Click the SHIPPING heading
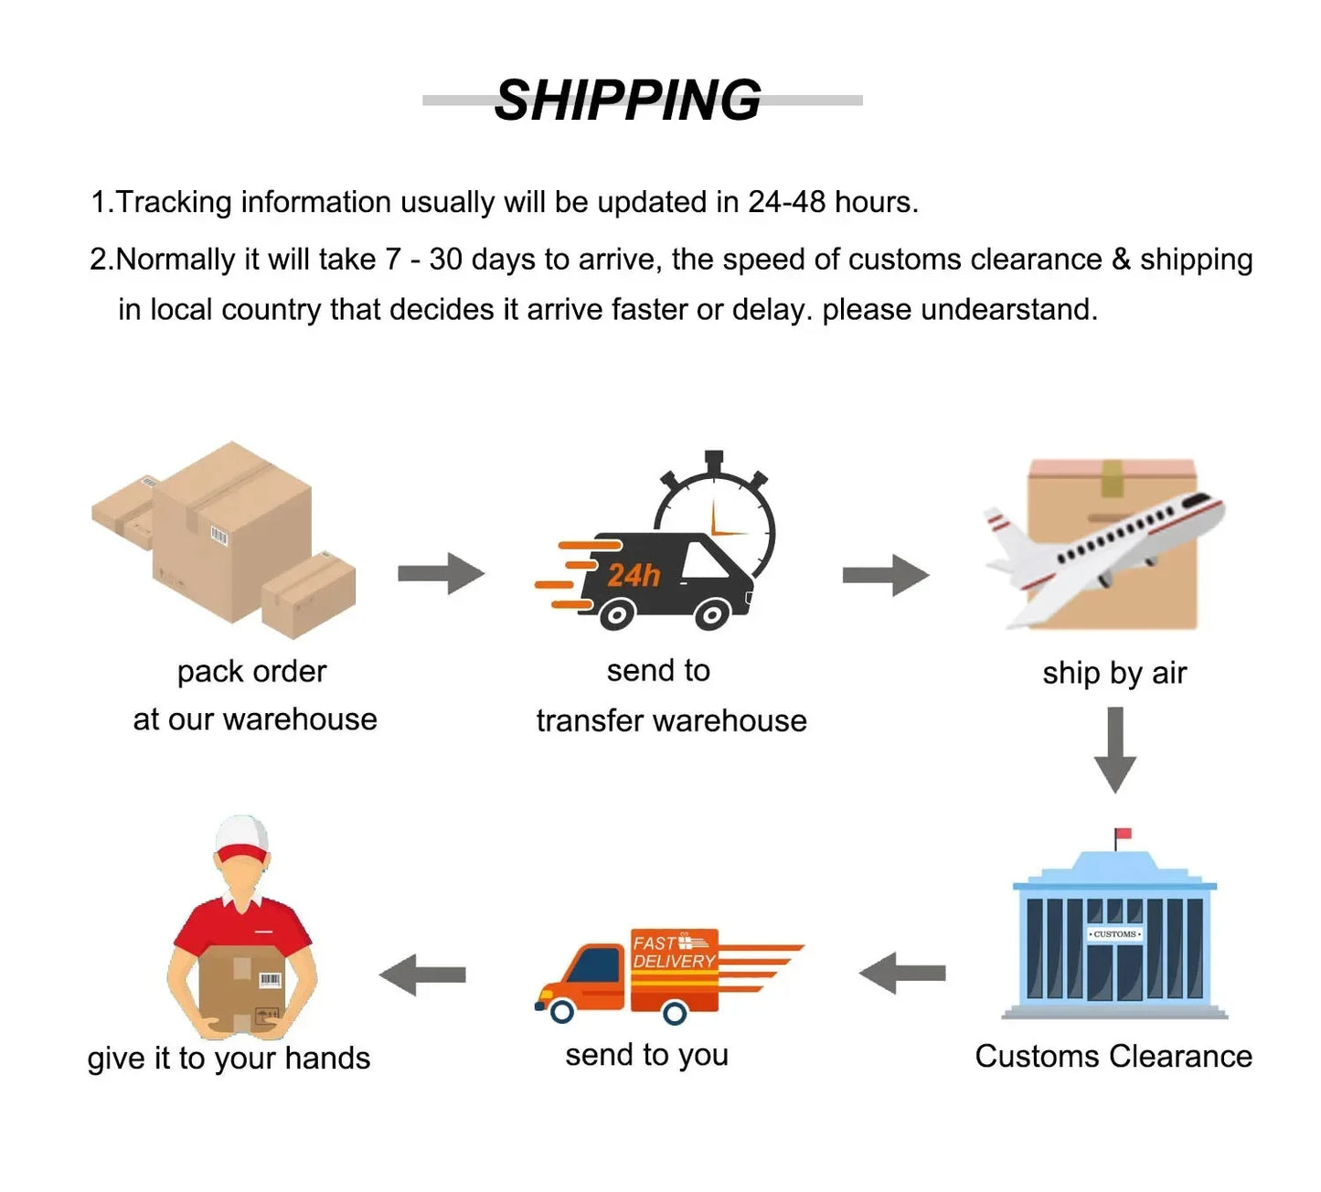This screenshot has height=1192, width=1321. [627, 100]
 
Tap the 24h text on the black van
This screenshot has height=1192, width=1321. [633, 575]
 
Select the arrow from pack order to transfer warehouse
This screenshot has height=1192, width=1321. [441, 573]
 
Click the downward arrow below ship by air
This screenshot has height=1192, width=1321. [1114, 749]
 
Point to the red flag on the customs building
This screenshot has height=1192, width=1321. [1124, 834]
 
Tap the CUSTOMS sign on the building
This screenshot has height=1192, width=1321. [1114, 934]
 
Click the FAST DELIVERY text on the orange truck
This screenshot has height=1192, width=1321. [673, 953]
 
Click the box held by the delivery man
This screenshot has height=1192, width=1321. [241, 987]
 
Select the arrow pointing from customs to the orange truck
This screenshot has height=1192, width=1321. [902, 974]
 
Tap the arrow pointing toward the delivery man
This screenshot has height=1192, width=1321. [422, 974]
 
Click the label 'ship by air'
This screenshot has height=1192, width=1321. [1114, 674]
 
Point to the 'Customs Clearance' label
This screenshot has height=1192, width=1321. [1113, 1057]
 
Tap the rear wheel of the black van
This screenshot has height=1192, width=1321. [618, 614]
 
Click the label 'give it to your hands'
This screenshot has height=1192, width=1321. [229, 1059]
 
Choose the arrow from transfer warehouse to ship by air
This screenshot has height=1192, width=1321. [885, 575]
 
